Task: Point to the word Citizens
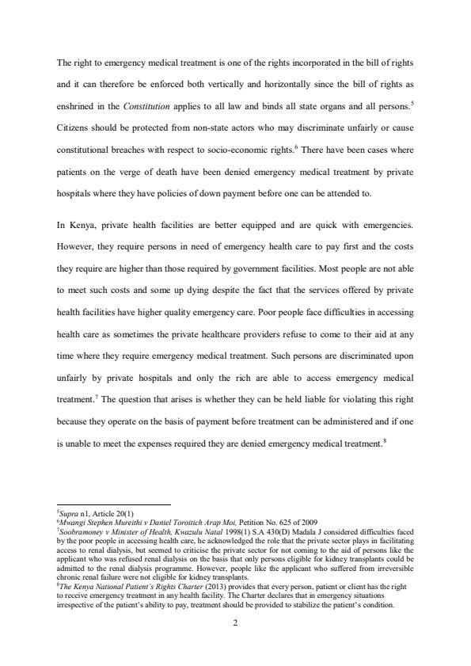(x=74, y=127)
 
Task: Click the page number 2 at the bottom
(x=235, y=622)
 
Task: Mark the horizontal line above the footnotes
(x=114, y=505)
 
